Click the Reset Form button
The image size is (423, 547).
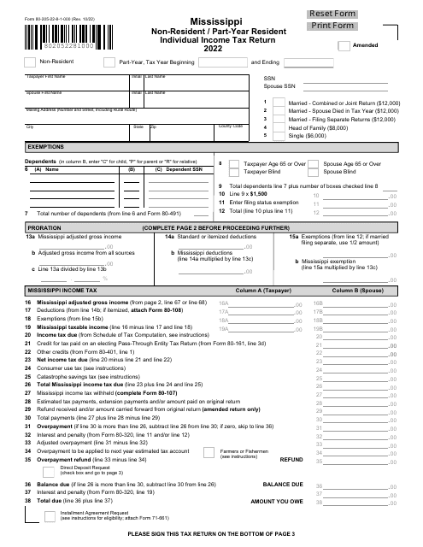coord(372,14)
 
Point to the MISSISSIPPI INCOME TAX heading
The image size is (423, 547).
coord(65,291)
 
